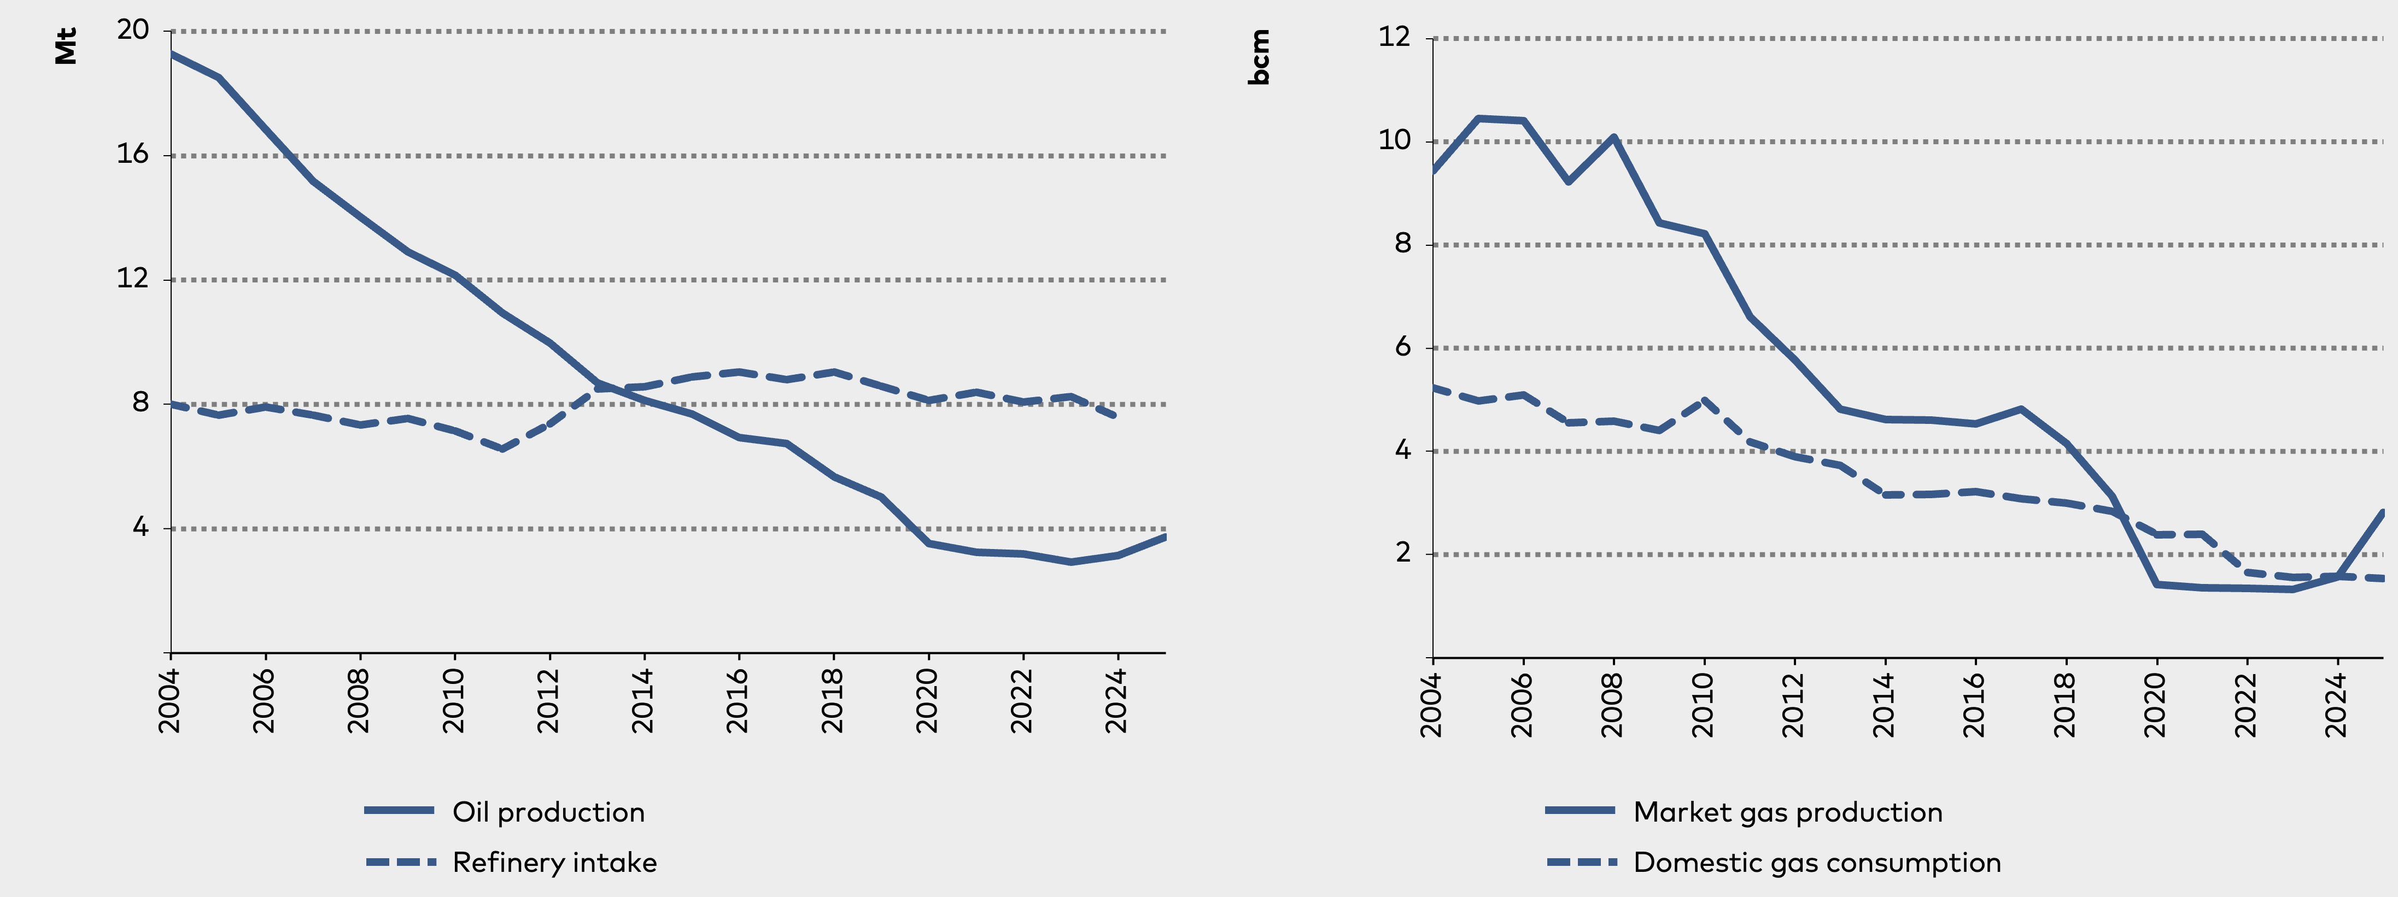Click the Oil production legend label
[548, 812]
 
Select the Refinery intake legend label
[555, 863]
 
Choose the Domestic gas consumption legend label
[1817, 863]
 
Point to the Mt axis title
[65, 46]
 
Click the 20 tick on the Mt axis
[133, 30]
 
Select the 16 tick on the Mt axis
[133, 155]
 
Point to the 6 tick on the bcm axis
[1403, 347]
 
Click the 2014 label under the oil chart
[642, 700]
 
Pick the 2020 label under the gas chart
[2155, 704]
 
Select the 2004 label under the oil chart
[169, 700]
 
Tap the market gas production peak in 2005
[1478, 118]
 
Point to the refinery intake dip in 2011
[502, 449]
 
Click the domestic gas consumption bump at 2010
[1704, 401]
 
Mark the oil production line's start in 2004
[171, 54]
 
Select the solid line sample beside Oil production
[399, 811]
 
